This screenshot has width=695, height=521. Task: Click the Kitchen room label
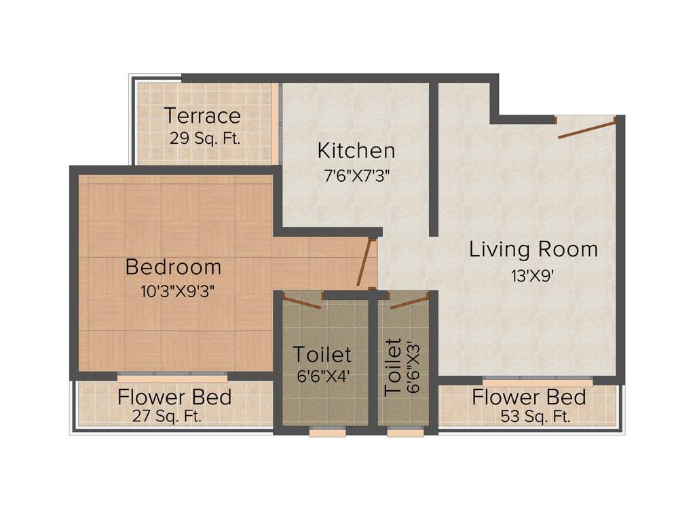tap(356, 150)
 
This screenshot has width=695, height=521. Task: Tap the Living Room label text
tap(533, 249)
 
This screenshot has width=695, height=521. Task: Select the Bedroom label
tap(173, 267)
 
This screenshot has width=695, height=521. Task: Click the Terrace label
tap(202, 115)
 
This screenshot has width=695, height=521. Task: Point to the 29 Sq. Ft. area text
tap(205, 139)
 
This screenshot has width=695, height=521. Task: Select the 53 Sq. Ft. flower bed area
tap(535, 417)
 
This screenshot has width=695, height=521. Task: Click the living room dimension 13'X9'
tap(533, 275)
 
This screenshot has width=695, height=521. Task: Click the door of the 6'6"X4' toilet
tap(302, 302)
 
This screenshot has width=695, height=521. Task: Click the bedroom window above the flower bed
tap(172, 374)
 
